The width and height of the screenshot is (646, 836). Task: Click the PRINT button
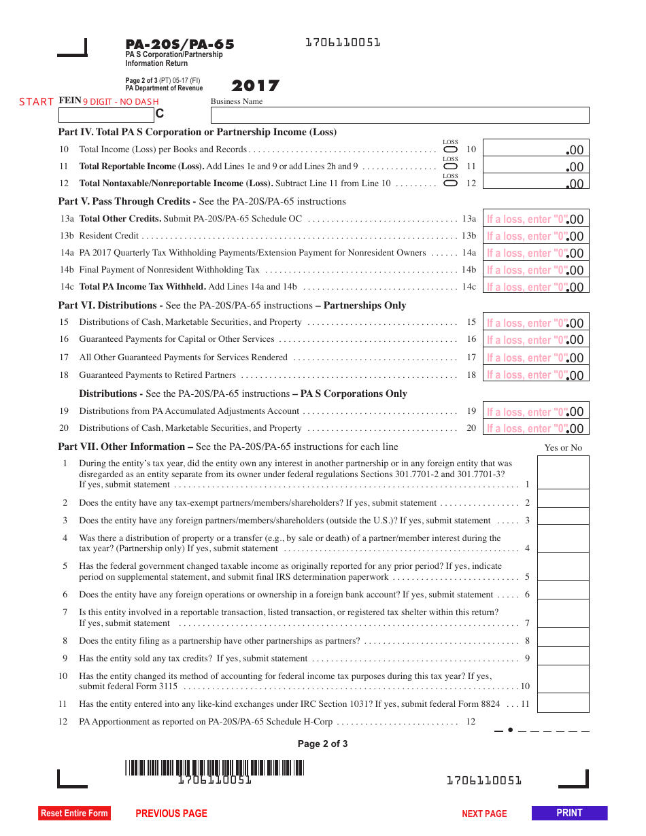coord(569,813)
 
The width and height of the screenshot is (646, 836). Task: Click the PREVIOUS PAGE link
coord(171,814)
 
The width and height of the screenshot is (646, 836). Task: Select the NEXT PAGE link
coord(484,814)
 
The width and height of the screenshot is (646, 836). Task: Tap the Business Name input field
coord(400,115)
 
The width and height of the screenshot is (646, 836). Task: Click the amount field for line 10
coord(536,149)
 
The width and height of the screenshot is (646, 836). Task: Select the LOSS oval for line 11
coord(450,167)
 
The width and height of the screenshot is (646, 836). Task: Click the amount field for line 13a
coord(536,218)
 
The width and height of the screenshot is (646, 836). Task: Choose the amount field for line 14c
coord(536,286)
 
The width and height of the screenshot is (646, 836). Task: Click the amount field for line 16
coord(536,339)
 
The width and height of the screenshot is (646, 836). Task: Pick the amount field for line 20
coord(536,428)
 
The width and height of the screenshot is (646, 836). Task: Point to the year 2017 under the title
coord(255,86)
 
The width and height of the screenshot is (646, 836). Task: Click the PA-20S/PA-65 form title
coord(180,45)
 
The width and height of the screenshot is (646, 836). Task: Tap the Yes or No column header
coord(563,447)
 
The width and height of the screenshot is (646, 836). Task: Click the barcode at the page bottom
coord(215,768)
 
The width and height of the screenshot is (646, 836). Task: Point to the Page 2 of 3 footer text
coord(322,744)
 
